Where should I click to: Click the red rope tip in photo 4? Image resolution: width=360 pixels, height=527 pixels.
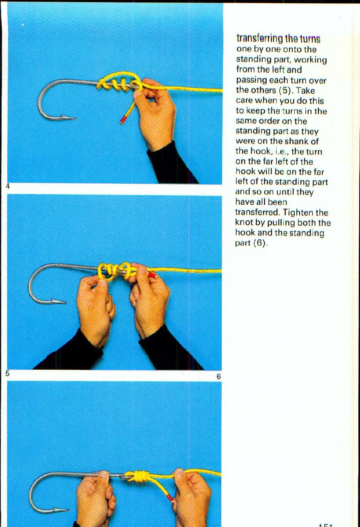[x=123, y=120]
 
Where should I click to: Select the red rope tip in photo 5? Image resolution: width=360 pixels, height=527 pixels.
[x=152, y=275]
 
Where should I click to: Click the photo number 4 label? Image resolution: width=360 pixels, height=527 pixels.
[x=8, y=186]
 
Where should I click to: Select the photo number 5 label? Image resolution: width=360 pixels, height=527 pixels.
[x=8, y=373]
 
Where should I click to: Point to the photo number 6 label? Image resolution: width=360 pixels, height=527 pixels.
[x=218, y=377]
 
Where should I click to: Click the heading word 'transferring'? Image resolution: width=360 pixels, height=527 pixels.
[x=259, y=39]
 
